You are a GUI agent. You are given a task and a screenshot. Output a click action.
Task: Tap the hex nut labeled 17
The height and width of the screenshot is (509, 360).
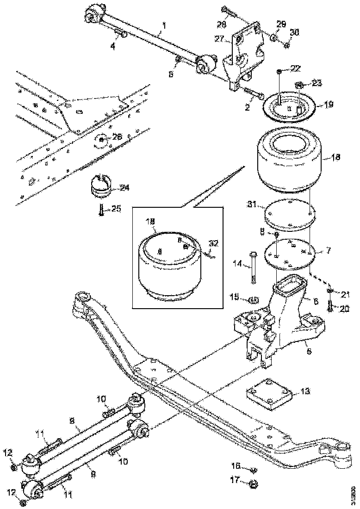point(253,484)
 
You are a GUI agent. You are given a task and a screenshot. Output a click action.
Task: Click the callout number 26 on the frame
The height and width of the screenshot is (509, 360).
point(118,137)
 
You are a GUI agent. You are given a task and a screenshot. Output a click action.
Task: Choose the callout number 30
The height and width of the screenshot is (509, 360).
point(295,32)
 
